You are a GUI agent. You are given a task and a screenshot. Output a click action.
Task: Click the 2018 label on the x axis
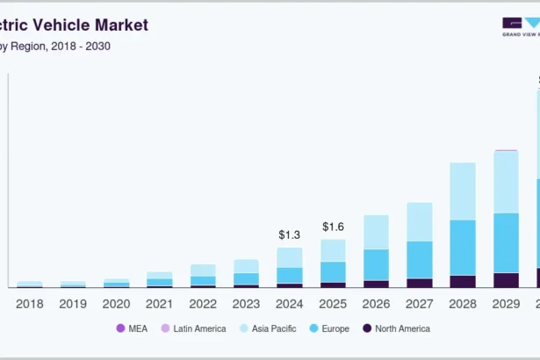30,303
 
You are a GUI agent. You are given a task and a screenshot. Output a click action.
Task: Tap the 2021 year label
159,303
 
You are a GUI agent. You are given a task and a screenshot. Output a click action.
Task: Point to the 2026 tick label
376,303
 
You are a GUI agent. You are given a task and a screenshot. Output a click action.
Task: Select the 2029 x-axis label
506,303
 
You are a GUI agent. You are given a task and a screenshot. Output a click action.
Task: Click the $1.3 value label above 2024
290,234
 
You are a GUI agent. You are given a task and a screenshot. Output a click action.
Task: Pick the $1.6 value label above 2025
333,227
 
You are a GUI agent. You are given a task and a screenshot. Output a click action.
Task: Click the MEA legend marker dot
120,328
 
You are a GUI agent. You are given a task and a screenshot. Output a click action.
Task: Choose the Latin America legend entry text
199,328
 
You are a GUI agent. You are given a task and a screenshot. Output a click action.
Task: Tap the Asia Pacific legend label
273,328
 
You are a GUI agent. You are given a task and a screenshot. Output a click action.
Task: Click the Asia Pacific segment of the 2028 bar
463,191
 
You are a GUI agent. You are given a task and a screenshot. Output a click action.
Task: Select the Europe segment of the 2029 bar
506,242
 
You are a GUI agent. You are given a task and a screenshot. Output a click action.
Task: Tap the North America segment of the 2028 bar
463,281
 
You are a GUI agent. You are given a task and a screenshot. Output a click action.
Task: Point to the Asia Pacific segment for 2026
376,232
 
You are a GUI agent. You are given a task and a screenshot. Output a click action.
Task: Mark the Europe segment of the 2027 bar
420,259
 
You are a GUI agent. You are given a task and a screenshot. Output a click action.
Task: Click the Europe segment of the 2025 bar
333,271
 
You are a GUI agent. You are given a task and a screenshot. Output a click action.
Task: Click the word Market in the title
119,25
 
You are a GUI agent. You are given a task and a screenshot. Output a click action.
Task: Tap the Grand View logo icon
520,23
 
